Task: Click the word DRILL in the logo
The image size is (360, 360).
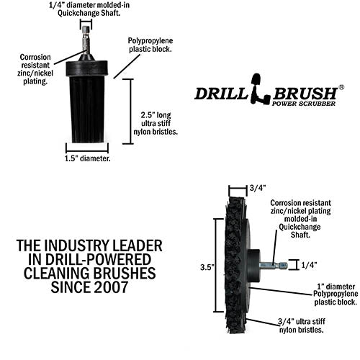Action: tap(221, 94)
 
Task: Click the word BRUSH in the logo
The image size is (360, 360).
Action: tap(305, 94)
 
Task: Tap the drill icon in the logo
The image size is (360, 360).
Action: tap(260, 89)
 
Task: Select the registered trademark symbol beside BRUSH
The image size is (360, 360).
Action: tap(341, 87)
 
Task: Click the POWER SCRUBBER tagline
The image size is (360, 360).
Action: tap(303, 104)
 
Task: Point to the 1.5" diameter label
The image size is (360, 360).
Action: tap(88, 158)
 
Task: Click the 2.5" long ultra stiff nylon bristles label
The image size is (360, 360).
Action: tap(156, 123)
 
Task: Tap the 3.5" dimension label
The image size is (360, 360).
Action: tap(207, 267)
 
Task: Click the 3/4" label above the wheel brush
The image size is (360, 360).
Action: tap(258, 188)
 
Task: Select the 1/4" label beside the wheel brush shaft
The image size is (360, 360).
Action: tap(309, 265)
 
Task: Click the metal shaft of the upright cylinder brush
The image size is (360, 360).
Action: tap(86, 40)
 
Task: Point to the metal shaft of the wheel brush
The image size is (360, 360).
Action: tap(273, 265)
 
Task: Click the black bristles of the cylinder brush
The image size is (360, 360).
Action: tap(87, 109)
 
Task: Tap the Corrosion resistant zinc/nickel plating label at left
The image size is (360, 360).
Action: tap(35, 69)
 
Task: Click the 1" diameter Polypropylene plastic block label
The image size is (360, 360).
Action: tap(336, 294)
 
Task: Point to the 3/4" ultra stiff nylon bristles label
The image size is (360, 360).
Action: tap(302, 325)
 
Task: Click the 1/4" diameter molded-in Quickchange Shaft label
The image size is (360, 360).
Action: tap(89, 9)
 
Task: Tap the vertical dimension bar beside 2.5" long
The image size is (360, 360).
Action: tap(131, 112)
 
